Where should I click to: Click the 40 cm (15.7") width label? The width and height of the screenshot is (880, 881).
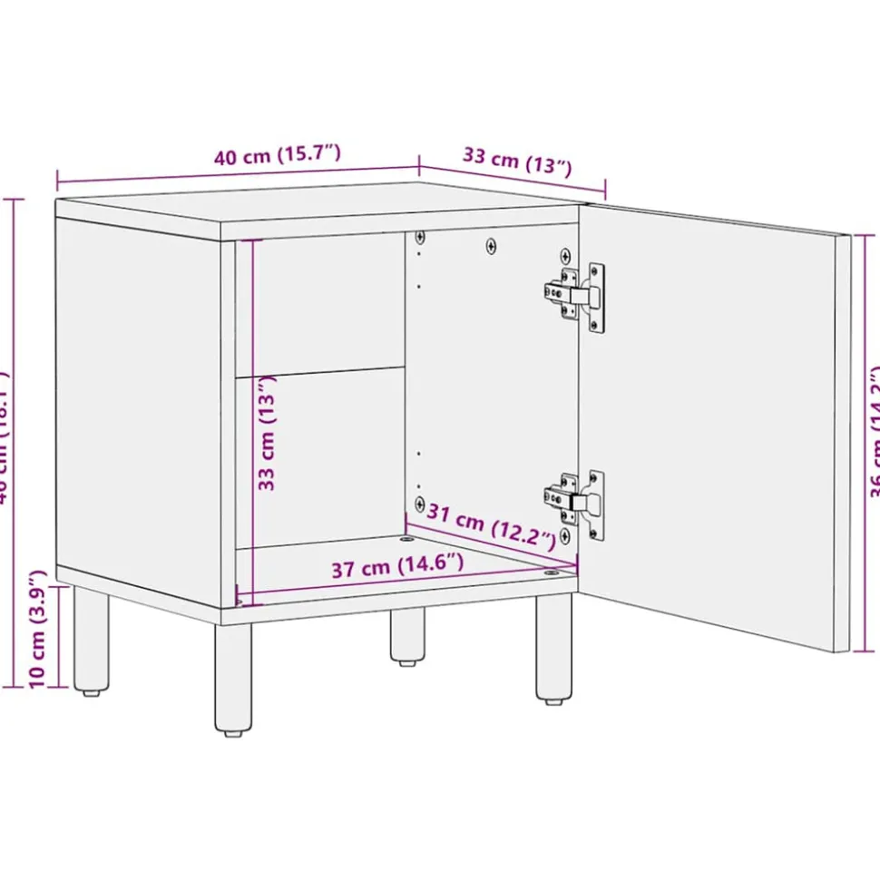278,154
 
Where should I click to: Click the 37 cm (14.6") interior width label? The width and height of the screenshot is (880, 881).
396,568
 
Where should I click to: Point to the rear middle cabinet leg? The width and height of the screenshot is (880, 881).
407,634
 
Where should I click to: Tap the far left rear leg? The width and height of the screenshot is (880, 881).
90,641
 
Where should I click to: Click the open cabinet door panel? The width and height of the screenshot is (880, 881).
717,426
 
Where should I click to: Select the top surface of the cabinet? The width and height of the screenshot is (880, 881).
318,202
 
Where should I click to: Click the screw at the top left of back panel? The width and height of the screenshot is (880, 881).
419,238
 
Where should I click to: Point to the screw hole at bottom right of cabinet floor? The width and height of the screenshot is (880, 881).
551,573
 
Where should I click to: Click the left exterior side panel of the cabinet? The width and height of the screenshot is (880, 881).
136,408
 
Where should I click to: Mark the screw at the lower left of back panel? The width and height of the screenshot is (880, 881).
419,502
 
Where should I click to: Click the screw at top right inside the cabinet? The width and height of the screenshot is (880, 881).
566,254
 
